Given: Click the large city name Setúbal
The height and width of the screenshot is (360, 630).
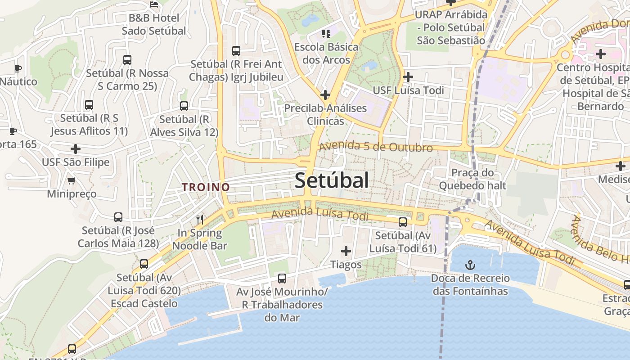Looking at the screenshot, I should [x=332, y=180].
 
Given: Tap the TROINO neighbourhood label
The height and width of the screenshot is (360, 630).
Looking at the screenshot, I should [x=206, y=187].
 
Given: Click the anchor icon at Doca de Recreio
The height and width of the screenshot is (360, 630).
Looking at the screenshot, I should [x=470, y=265].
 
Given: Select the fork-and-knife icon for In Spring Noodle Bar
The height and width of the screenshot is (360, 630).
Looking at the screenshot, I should [x=200, y=220].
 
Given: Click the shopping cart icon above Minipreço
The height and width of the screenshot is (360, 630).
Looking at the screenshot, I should [x=71, y=181].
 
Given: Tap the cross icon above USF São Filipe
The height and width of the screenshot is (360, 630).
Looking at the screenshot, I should [x=76, y=148].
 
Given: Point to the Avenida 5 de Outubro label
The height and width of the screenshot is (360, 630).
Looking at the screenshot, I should [x=376, y=147].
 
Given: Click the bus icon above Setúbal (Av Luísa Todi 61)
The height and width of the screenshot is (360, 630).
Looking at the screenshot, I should [x=403, y=222].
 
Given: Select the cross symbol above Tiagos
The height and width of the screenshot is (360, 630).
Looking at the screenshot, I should [x=346, y=251].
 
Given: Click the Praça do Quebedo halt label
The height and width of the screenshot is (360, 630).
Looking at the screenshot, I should [x=472, y=179].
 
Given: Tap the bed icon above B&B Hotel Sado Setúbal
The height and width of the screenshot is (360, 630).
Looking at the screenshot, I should [x=154, y=4].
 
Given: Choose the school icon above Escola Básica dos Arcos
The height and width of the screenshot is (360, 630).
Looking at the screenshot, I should [x=326, y=33].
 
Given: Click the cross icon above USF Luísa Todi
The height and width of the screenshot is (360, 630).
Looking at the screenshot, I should [x=408, y=77].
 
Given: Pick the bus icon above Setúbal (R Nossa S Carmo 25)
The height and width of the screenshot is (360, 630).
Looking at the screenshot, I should [x=127, y=59].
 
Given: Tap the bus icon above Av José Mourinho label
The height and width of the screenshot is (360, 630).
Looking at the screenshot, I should [x=282, y=278].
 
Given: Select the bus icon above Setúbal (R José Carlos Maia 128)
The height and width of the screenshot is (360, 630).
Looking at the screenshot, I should [x=118, y=217].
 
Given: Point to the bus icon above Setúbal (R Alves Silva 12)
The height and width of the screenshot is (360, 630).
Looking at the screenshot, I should [x=184, y=106].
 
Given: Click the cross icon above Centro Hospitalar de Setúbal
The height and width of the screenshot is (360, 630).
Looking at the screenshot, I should [x=600, y=54].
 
